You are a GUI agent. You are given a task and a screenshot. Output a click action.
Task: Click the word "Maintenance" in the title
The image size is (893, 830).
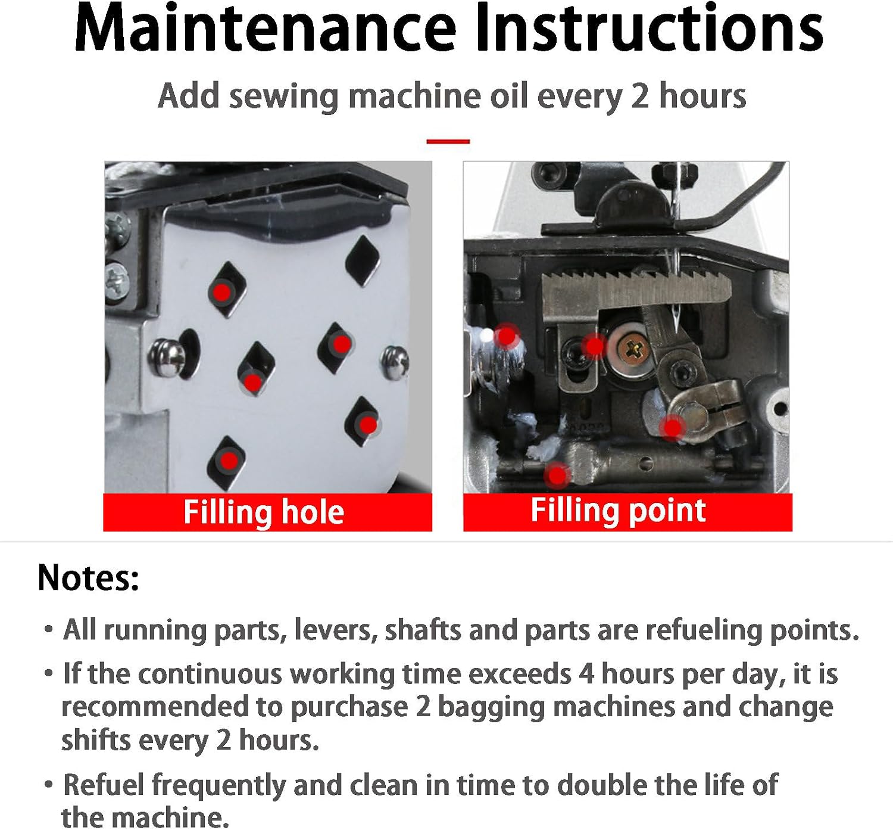[266, 28]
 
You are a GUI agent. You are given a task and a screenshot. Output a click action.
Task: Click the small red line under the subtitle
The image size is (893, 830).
[448, 141]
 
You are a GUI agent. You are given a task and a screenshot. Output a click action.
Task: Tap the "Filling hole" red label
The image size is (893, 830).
[267, 512]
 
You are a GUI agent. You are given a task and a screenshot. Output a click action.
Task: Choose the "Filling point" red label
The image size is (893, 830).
[627, 512]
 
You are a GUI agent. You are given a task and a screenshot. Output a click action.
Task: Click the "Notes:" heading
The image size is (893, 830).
[88, 577]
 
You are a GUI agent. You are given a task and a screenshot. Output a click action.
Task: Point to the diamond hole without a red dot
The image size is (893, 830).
[363, 260]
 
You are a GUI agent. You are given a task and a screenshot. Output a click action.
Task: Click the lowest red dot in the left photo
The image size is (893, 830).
[229, 460]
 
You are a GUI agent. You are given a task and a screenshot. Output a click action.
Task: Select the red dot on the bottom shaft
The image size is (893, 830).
[558, 475]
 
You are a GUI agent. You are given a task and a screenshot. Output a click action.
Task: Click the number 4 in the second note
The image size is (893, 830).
[586, 674]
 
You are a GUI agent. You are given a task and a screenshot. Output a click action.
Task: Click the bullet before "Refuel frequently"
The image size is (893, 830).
[49, 785]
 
